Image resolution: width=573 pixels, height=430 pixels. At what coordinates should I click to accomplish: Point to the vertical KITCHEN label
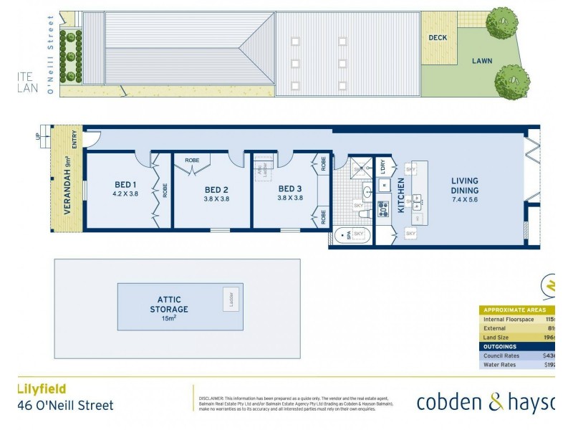pos(401,193)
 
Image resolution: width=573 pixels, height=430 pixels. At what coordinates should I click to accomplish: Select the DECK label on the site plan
pos(438,38)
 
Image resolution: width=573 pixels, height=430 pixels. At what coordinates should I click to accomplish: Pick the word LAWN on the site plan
pos(481,61)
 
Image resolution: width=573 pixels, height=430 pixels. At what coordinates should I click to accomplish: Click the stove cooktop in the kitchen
pos(383,208)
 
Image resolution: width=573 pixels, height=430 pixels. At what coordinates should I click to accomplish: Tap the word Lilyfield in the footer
pos(42,388)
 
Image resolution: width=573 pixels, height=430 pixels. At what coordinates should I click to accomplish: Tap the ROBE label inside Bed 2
pos(193,160)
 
